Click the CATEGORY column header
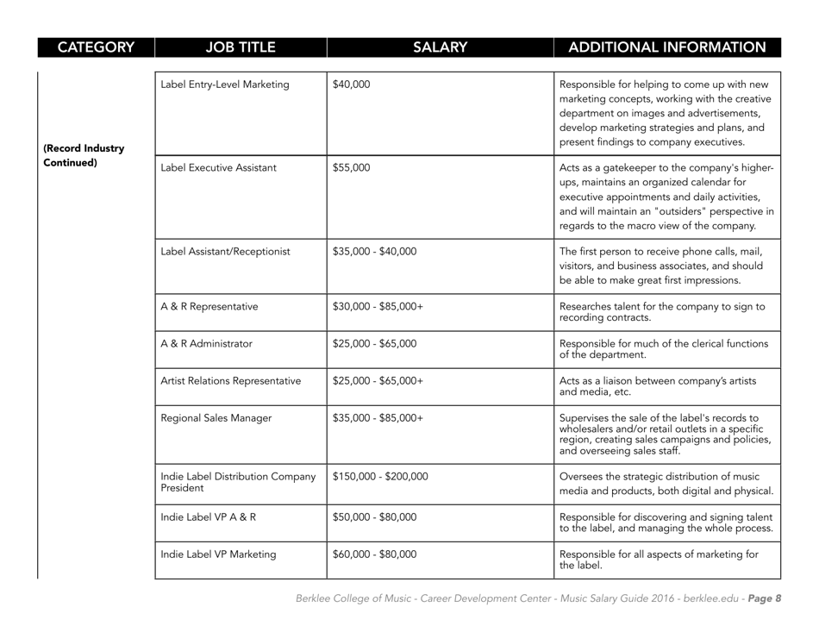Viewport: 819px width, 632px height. (x=76, y=47)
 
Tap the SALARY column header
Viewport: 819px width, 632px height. (x=440, y=47)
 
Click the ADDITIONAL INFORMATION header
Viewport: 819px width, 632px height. (x=667, y=47)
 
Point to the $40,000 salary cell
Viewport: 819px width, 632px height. (x=351, y=84)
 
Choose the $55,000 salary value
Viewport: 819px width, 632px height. (x=351, y=169)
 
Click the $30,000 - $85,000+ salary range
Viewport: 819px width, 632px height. (x=373, y=308)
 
